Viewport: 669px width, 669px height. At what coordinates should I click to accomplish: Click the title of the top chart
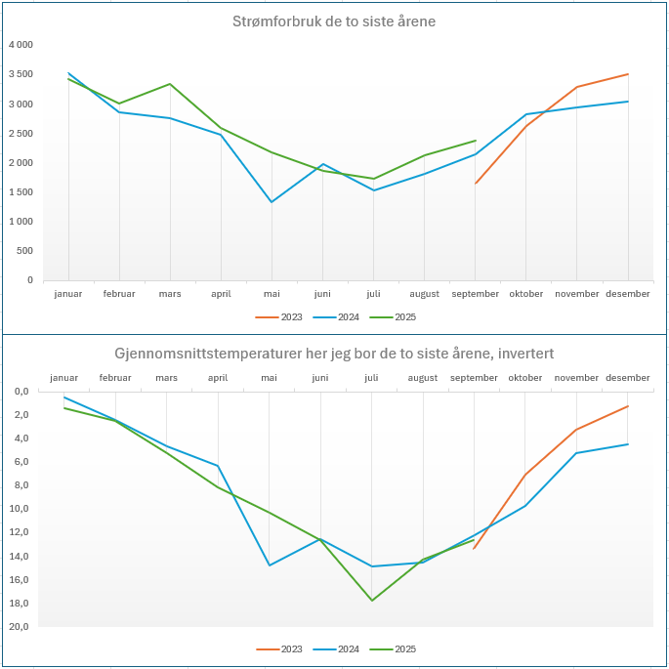point(334,21)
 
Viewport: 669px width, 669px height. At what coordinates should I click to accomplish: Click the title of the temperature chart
point(334,352)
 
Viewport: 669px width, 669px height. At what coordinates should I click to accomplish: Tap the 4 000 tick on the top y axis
point(21,45)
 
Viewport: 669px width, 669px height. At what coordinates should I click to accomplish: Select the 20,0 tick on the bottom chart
point(21,627)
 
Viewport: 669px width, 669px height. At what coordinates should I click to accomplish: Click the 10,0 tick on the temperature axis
point(21,509)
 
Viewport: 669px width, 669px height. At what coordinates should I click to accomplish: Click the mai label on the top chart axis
point(272,294)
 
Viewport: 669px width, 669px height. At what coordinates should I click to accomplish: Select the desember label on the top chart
point(627,294)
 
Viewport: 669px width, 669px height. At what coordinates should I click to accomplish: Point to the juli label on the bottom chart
point(371,378)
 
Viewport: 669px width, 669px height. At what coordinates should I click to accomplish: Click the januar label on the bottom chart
point(63,378)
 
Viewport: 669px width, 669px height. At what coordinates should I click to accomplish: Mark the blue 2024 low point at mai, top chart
point(272,202)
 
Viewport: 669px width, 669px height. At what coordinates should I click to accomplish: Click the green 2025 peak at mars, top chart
point(170,84)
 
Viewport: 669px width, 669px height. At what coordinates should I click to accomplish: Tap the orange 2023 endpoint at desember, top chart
point(628,74)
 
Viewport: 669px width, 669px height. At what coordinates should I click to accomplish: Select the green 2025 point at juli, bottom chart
point(372,600)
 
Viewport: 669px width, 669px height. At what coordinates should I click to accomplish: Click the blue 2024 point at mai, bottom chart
point(270,565)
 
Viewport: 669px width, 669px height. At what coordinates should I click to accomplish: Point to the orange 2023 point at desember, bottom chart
point(628,406)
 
